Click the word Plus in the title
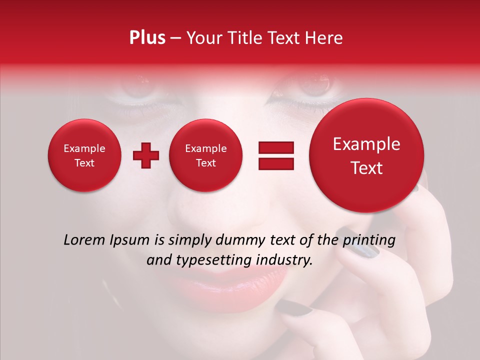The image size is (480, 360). tap(147, 38)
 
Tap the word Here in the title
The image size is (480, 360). tap(324, 38)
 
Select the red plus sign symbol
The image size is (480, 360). tap(145, 156)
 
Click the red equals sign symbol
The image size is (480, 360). tap(275, 156)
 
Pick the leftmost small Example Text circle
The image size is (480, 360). tap(84, 155)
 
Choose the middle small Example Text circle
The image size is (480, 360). tap(206, 155)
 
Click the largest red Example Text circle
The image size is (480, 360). tap(366, 155)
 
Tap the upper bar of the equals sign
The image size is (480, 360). tap(275, 147)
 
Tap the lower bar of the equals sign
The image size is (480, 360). tap(275, 164)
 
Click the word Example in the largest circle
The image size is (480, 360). tap(366, 144)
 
